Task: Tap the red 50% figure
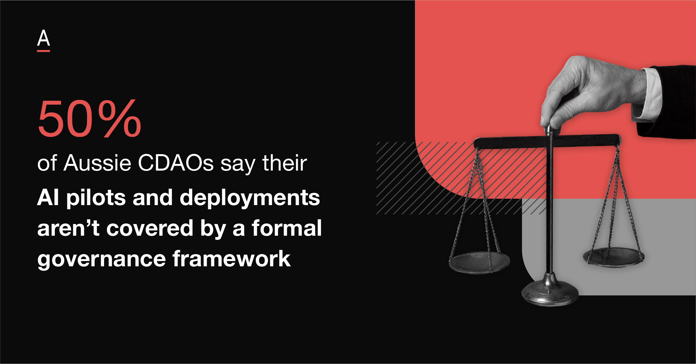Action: tap(89, 119)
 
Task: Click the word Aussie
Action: tap(97, 163)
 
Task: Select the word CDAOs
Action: tap(176, 163)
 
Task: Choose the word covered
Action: tap(150, 228)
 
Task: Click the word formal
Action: tap(287, 228)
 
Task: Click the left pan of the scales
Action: tap(479, 263)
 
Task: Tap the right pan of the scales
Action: tap(613, 258)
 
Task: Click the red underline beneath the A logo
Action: tap(43, 51)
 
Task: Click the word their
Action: tap(285, 163)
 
